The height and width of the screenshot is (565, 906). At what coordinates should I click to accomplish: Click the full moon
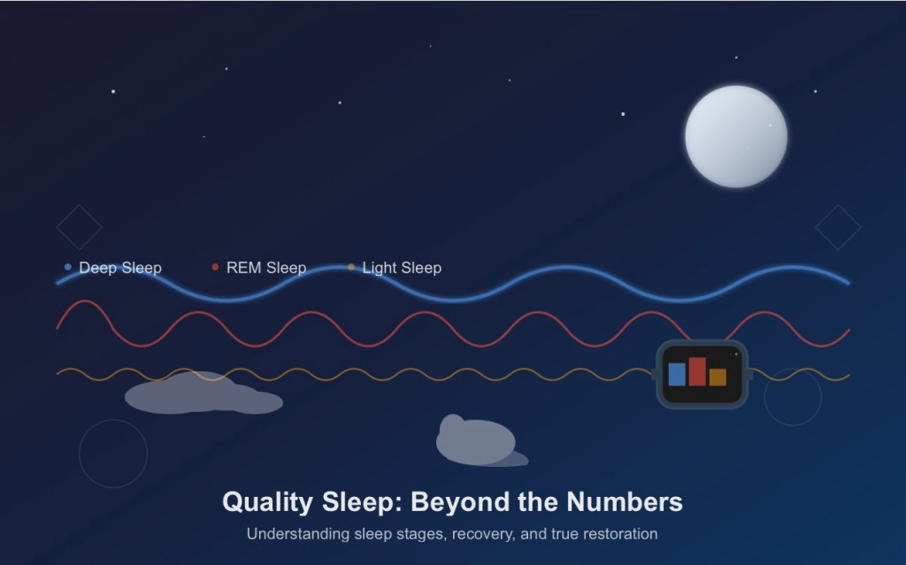pos(735,136)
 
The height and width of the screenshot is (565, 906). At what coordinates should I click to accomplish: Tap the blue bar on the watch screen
pos(677,374)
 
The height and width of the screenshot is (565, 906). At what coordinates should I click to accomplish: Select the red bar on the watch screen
pos(697,371)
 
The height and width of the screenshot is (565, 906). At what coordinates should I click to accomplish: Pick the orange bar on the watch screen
pos(718,378)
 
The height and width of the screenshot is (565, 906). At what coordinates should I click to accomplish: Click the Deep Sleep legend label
pos(120,268)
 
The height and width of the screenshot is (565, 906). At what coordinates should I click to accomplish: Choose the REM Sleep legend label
pos(266,268)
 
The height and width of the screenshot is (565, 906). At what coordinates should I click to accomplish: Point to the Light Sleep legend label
pos(402,268)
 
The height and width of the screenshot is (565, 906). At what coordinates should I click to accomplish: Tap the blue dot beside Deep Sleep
pos(68,267)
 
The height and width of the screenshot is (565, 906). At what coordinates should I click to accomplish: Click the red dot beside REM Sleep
pos(216,267)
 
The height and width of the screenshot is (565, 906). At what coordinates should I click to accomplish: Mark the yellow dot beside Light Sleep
pos(351,267)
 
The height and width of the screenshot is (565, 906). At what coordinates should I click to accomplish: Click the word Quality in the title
pos(267,502)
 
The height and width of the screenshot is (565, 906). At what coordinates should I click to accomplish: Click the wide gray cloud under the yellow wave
pos(203,393)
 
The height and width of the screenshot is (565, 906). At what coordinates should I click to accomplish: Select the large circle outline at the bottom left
pos(79,454)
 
